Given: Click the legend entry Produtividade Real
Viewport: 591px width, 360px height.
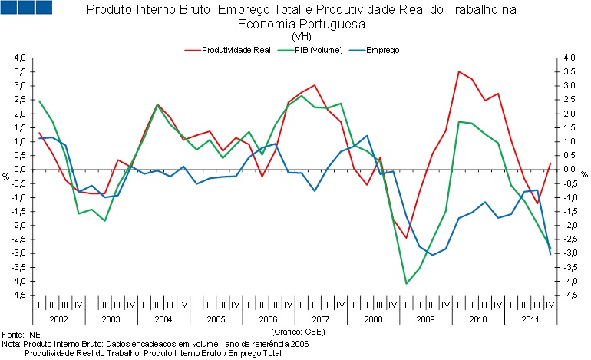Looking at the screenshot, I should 236,50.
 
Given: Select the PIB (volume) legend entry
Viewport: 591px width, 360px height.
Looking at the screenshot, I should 314,50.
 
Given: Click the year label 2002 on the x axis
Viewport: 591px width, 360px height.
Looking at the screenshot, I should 58,318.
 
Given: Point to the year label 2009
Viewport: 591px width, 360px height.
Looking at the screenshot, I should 426,318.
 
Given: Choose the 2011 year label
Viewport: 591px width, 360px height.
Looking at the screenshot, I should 530,318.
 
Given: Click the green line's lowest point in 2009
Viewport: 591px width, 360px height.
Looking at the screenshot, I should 406,284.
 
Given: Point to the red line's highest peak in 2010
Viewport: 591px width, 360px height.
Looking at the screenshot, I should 458,72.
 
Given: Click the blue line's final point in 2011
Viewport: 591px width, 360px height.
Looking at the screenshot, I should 550,253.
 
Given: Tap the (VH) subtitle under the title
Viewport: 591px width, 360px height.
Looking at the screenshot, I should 301,36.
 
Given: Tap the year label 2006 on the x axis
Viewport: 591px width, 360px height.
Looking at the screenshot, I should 269,318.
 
